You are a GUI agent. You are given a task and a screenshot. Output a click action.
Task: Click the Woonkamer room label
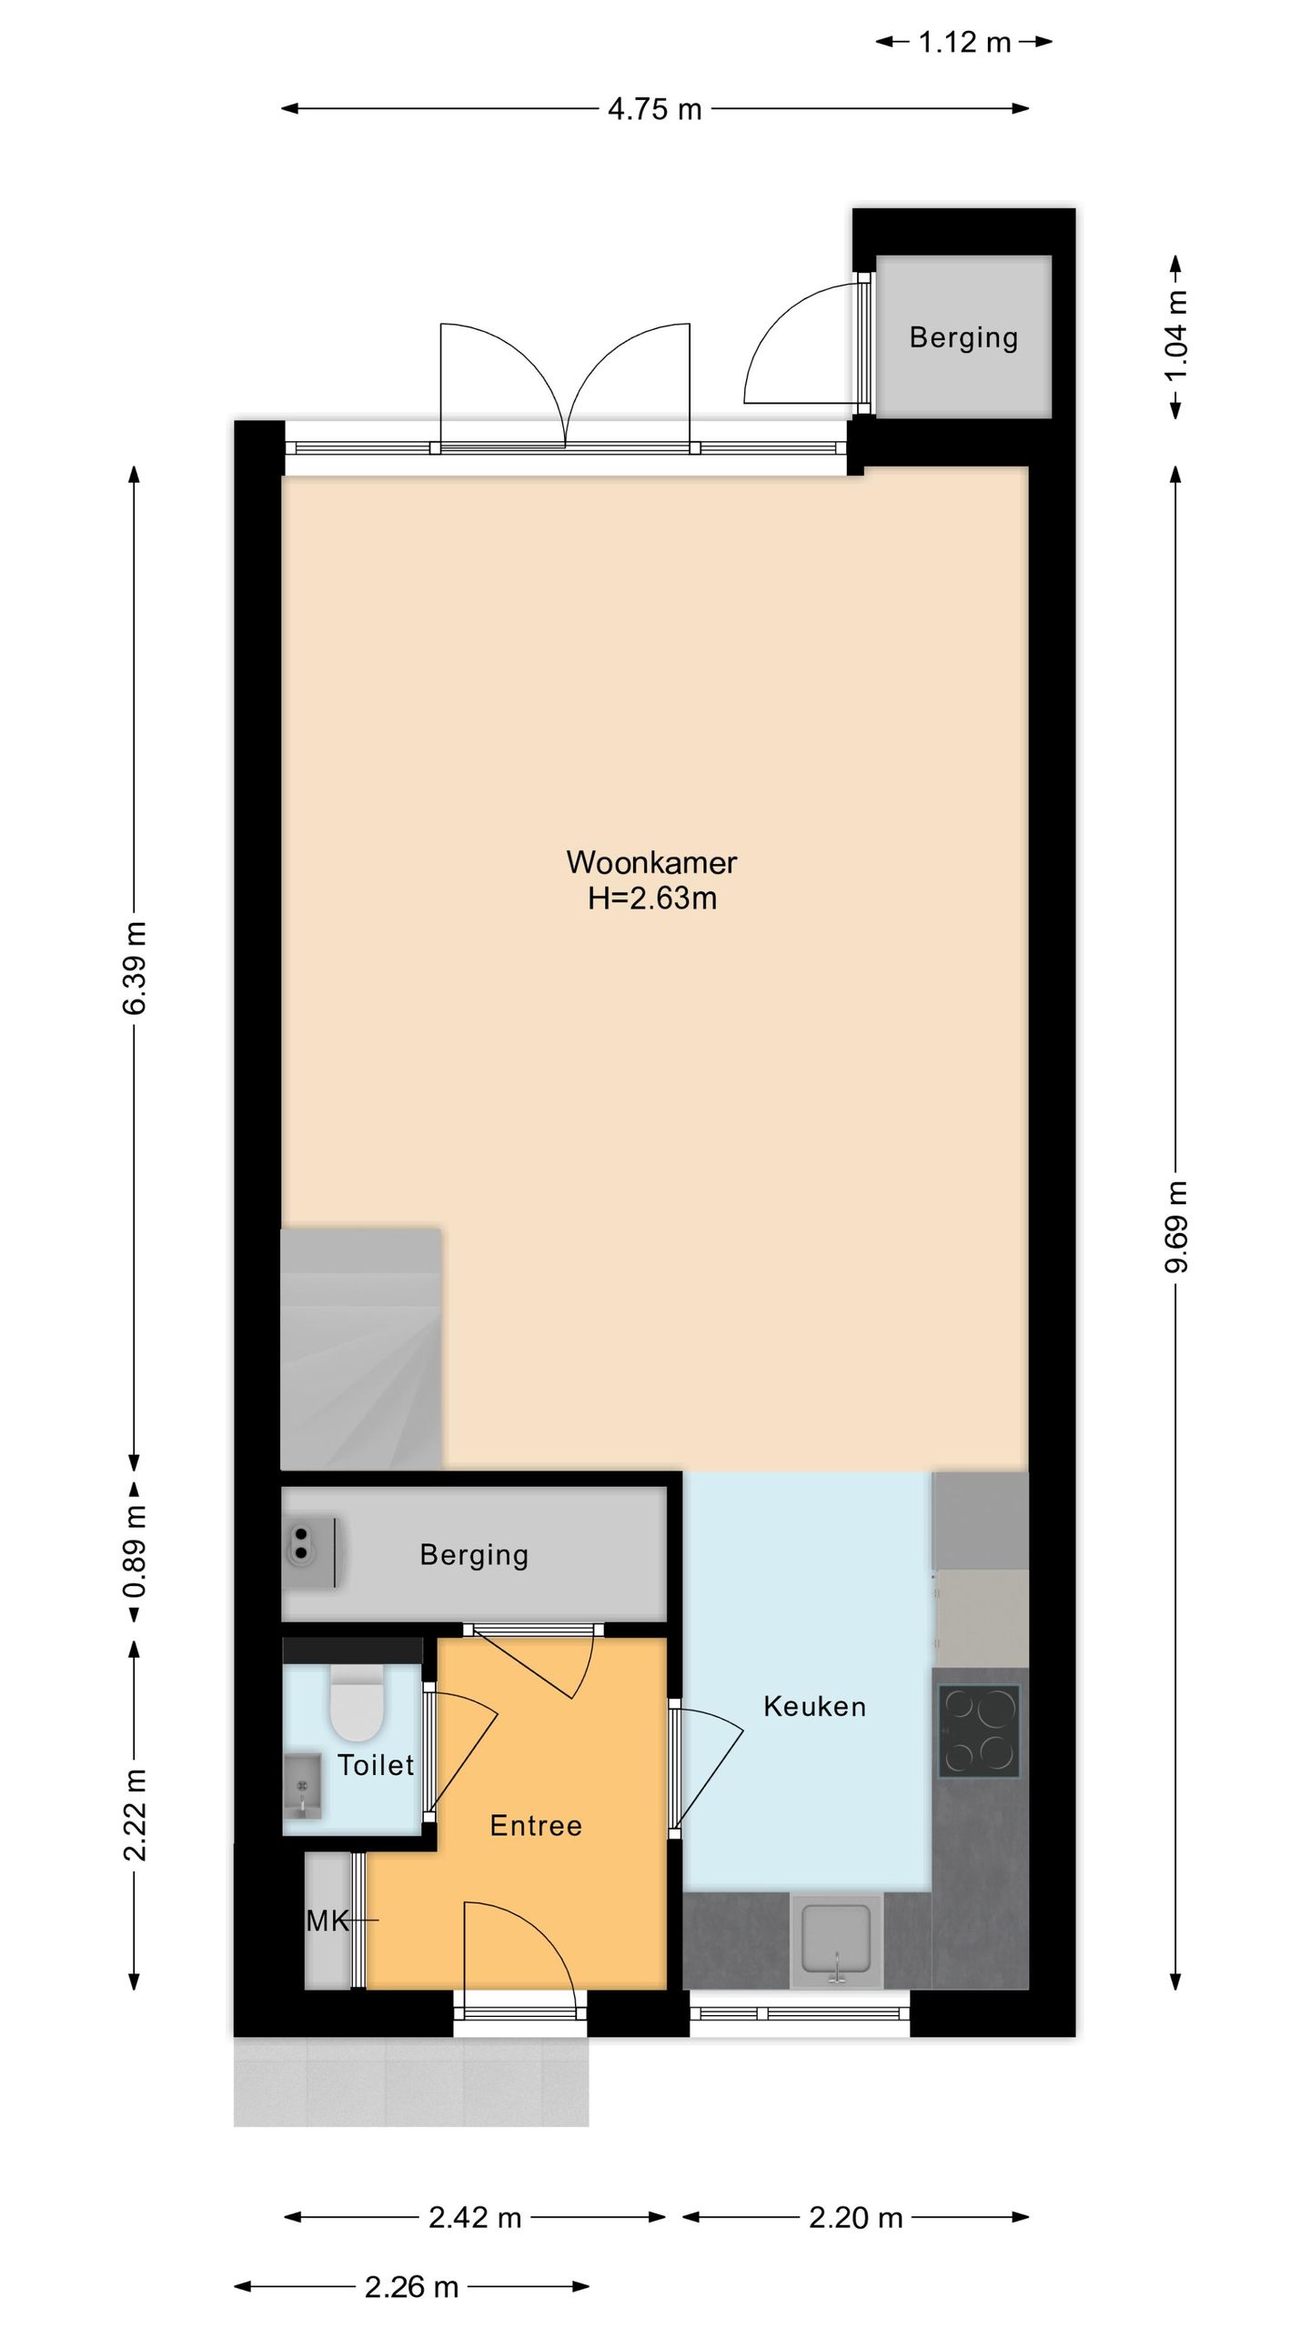[651, 861]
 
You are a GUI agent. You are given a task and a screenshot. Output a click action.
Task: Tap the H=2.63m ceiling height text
[652, 898]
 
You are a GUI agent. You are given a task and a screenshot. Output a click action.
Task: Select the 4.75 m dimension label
[655, 109]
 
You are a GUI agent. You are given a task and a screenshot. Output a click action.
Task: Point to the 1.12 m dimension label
[965, 42]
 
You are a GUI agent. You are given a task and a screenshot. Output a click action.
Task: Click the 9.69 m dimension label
[1176, 1226]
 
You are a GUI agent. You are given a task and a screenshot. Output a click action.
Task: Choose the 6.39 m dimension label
[135, 968]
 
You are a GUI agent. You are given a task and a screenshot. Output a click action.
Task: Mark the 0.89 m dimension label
[135, 1552]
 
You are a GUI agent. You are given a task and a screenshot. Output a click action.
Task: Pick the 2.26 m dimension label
[411, 2287]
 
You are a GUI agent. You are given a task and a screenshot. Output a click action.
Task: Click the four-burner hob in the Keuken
[979, 1731]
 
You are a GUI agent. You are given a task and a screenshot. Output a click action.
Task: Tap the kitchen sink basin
[836, 1942]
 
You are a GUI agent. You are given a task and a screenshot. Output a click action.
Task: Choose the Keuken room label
[815, 1706]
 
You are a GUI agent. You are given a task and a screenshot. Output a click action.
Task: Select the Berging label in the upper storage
[964, 337]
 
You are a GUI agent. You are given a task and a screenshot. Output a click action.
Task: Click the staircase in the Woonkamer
[361, 1349]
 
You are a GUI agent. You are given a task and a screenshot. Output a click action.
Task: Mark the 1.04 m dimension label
[1176, 336]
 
